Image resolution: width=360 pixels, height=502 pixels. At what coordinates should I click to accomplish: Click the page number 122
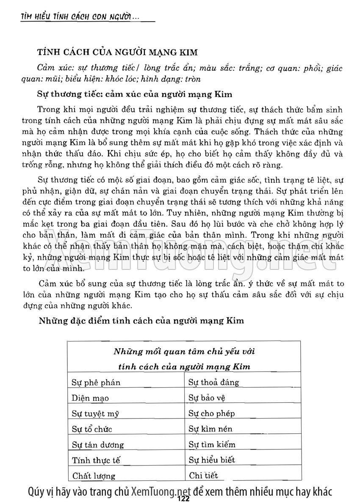click(183, 499)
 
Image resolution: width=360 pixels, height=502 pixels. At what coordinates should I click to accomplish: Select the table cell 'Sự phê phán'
click(96, 383)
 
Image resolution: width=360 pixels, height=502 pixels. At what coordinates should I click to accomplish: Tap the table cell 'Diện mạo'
click(91, 398)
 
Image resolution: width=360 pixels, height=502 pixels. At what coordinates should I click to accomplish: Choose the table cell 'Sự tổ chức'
click(92, 429)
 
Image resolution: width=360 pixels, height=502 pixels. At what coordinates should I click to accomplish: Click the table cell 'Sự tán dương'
click(98, 445)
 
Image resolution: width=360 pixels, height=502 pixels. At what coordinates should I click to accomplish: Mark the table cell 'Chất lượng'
click(94, 476)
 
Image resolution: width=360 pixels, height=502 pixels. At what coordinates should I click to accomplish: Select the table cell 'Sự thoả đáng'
click(214, 382)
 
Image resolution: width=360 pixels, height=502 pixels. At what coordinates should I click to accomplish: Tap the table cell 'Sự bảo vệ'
click(207, 398)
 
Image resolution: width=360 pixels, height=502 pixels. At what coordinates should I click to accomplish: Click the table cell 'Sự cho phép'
click(212, 413)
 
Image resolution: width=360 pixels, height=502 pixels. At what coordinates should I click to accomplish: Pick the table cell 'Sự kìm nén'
click(210, 429)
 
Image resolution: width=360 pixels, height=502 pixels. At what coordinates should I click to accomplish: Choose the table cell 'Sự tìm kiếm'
click(212, 444)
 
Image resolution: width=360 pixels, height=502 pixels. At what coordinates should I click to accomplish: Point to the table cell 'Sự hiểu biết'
click(212, 460)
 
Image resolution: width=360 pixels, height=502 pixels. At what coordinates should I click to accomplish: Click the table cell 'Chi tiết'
click(204, 475)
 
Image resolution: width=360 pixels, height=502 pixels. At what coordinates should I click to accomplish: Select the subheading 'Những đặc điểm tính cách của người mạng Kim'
click(141, 320)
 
